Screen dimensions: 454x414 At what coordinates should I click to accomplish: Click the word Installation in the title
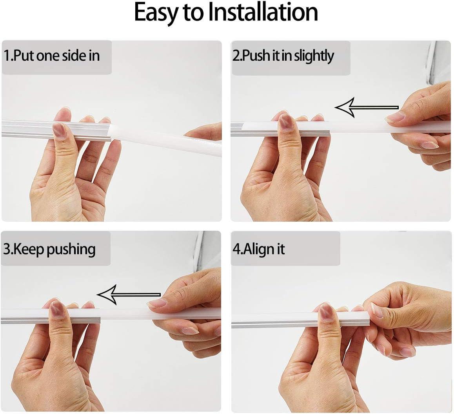click(263, 12)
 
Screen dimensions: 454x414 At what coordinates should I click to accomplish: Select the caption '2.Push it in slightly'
click(283, 56)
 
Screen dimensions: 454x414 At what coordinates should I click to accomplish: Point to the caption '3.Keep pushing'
click(49, 249)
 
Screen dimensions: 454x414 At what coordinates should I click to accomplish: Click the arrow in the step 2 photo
click(367, 107)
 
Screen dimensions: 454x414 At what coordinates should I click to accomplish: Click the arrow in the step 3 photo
click(129, 295)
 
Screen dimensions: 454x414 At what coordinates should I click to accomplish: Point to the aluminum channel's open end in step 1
click(111, 132)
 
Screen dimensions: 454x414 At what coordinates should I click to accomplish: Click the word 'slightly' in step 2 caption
click(314, 56)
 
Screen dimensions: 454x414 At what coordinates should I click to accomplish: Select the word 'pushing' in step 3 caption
click(71, 250)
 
